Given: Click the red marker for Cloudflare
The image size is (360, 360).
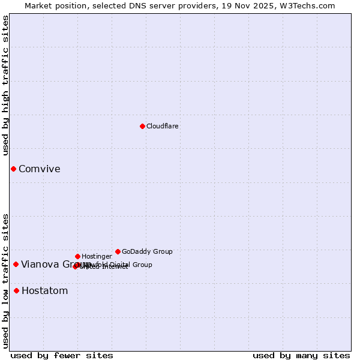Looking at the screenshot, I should click(x=142, y=126).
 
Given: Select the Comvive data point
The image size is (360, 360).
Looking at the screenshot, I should click(x=13, y=169).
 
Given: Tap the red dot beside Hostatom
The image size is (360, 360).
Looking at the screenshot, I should click(x=16, y=291).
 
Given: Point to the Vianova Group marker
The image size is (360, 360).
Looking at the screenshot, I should click(x=16, y=264).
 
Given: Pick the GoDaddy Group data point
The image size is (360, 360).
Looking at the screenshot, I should click(x=118, y=251).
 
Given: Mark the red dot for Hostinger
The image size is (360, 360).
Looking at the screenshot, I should click(x=77, y=256).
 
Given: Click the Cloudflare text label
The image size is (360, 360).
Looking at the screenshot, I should click(x=163, y=126).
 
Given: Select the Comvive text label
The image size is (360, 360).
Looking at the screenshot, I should click(x=40, y=169).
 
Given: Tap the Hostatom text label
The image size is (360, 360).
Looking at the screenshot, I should click(x=44, y=291).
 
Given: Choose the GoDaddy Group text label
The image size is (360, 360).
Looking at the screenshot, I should click(x=147, y=251).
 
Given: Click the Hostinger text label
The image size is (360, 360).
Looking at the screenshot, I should click(x=97, y=256).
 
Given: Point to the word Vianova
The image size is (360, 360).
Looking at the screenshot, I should click(x=40, y=264).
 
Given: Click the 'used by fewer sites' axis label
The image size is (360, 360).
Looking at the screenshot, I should click(x=62, y=355).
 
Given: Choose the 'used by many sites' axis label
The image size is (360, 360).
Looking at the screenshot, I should click(x=301, y=355).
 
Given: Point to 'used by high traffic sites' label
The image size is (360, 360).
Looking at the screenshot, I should click(x=6, y=85).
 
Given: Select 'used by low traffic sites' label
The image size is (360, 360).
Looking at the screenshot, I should click(x=6, y=281).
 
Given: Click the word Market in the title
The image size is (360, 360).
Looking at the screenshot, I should click(x=38, y=6).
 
